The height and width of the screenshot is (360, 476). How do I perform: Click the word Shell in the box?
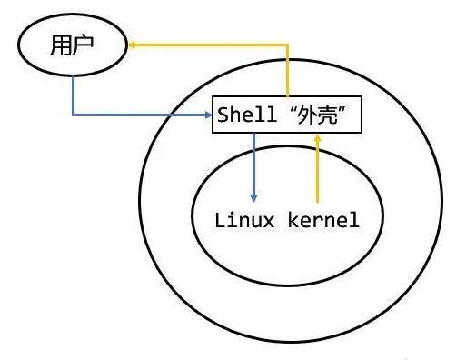[239, 115]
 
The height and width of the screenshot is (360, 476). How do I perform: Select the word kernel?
[324, 219]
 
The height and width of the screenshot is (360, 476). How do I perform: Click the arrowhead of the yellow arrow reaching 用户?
[132, 43]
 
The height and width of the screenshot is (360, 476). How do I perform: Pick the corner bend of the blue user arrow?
[74, 115]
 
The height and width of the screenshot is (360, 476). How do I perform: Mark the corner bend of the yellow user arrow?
[289, 43]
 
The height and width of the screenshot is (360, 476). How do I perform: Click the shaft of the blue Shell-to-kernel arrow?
[254, 164]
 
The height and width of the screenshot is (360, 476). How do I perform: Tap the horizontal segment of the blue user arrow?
[136, 115]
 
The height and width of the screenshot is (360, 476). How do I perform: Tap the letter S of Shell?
[222, 115]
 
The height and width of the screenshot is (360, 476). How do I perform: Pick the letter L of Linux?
[220, 219]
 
